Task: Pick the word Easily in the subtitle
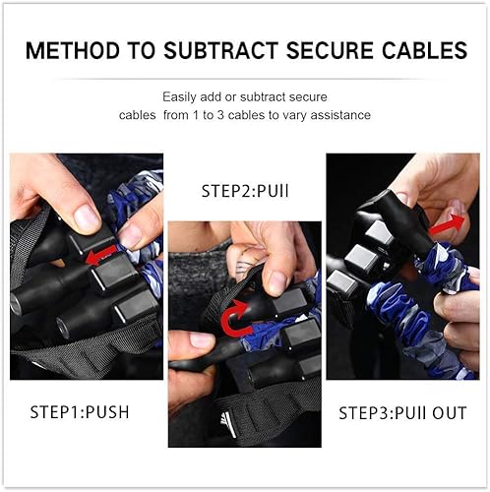coord(179,96)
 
